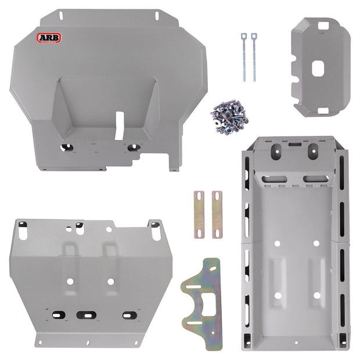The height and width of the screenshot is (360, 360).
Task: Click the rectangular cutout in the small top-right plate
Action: (319, 69)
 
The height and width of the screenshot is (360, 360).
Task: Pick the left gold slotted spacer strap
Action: (200, 214)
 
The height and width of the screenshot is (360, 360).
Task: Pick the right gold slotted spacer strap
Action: (217, 214)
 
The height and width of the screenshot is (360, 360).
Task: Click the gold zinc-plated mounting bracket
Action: (204, 301)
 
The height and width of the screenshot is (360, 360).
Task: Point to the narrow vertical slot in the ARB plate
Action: (119, 125)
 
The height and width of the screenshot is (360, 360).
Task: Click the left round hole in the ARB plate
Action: (67, 147)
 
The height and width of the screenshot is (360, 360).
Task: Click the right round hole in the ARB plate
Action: (132, 147)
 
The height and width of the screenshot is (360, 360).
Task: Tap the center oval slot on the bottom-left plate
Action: (85, 315)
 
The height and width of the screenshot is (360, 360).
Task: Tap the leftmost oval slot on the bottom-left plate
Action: (59, 315)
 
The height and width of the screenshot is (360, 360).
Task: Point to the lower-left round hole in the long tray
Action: (278, 296)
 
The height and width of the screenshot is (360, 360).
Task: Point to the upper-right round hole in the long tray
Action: (317, 242)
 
